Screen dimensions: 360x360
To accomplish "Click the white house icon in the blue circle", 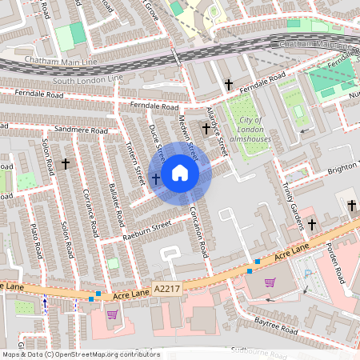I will click(180, 173).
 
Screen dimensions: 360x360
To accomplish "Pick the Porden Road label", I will click(337, 264).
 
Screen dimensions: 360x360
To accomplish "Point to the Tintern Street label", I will click(134, 160).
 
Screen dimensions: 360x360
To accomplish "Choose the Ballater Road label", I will click(114, 204).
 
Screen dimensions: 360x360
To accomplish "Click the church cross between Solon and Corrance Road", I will click(65, 163).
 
